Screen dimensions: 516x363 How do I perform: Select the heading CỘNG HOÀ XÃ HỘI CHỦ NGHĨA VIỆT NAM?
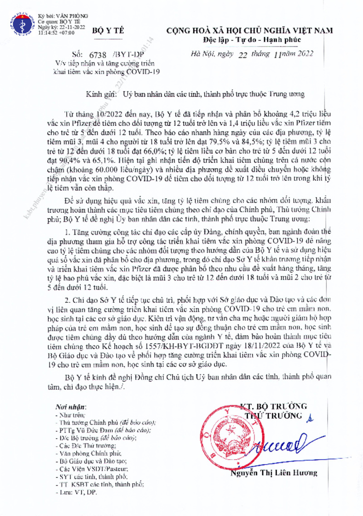[x=250, y=30]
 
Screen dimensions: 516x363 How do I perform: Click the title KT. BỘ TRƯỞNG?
[x=273, y=406]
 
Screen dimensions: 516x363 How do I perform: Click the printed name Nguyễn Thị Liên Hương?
[x=273, y=473]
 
